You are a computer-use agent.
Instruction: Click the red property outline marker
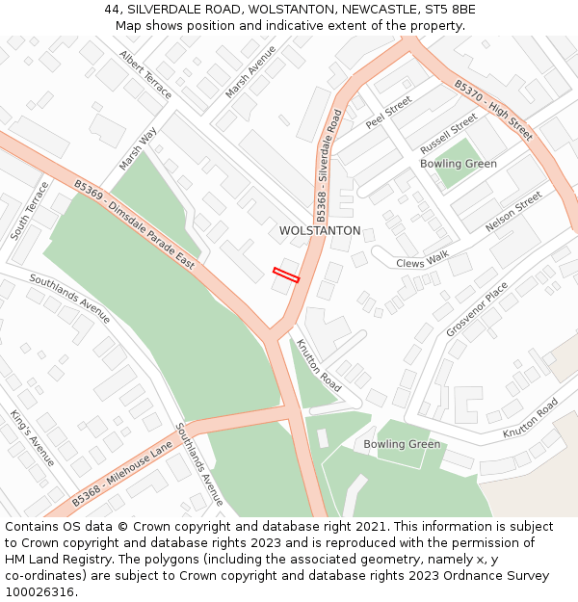pos(286,275)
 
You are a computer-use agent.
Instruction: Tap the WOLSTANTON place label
pos(320,231)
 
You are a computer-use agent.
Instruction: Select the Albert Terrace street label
pos(145,74)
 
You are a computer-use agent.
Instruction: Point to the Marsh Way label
pos(138,149)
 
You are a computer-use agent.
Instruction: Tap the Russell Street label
pos(449,134)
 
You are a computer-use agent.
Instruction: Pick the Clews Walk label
pos(423,260)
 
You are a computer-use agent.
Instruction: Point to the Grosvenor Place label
pos(476,309)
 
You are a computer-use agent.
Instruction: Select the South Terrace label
pos(30,210)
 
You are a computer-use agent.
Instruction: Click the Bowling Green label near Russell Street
pos(459,164)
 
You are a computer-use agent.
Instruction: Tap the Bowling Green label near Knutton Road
pos(402,444)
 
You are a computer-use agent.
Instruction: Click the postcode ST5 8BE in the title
pos(447,10)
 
